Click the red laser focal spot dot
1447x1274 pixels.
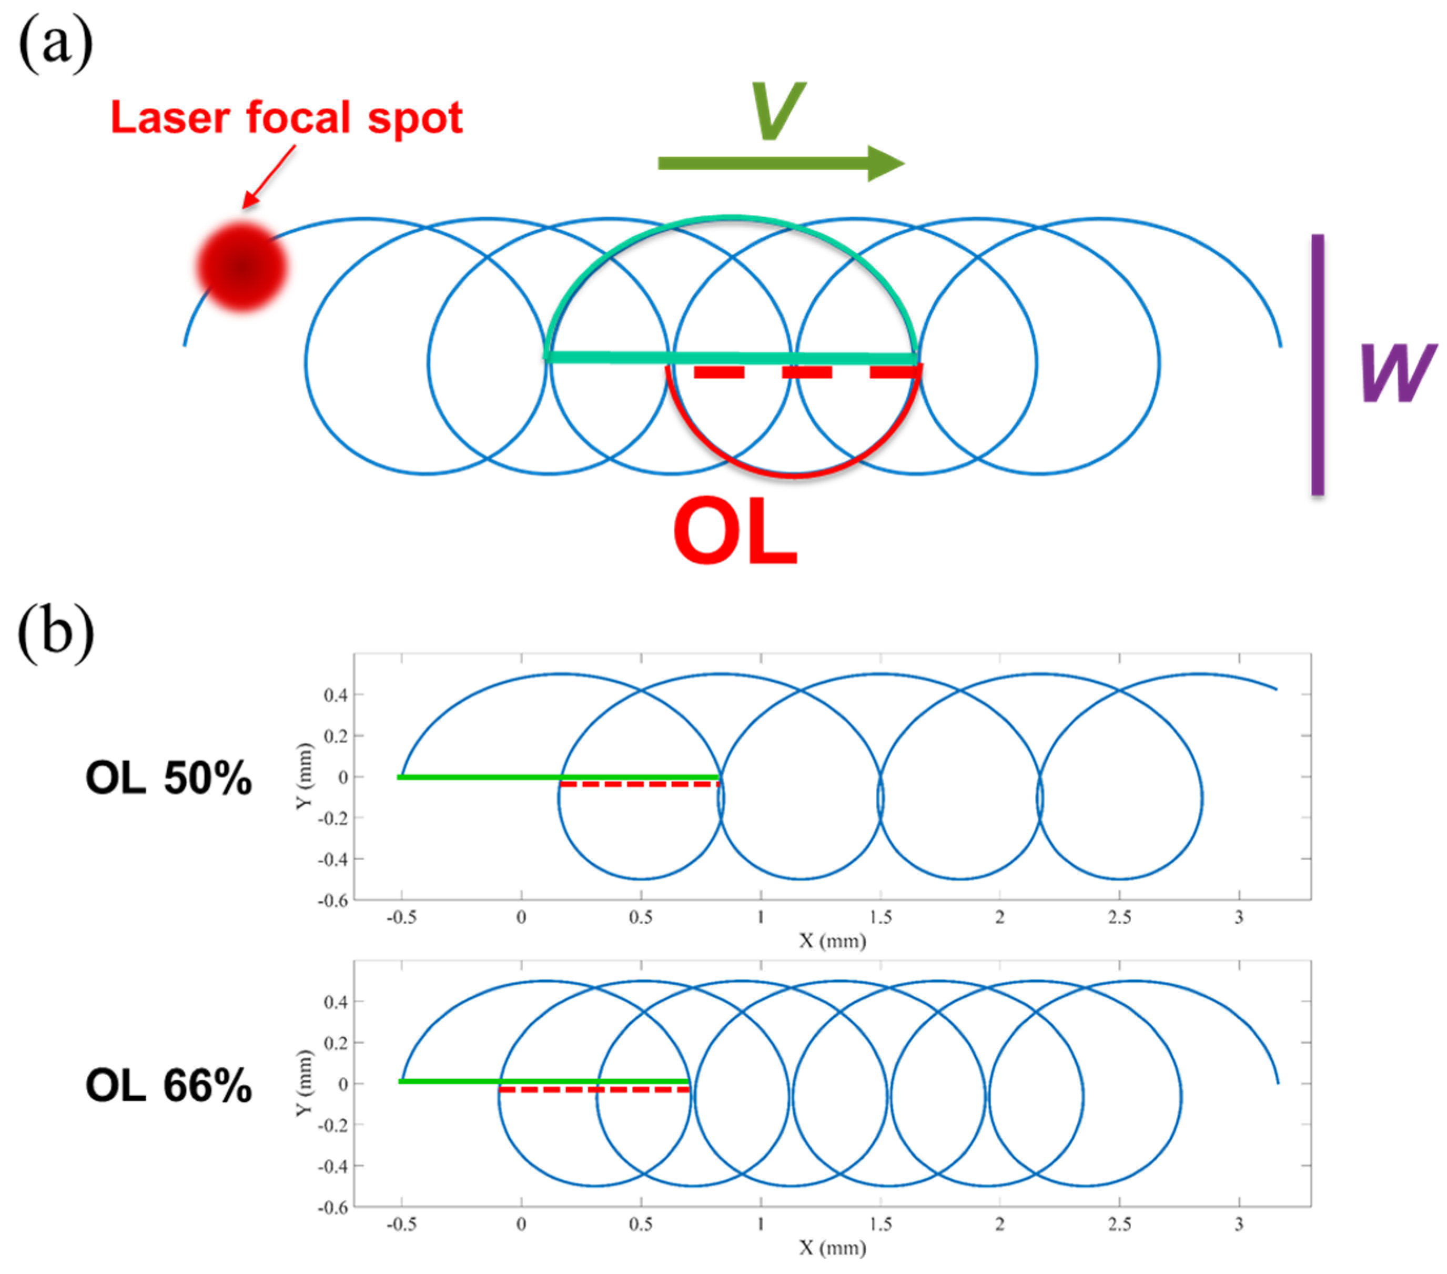coord(242,268)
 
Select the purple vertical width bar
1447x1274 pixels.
coord(1318,364)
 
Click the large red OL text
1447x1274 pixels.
coord(735,531)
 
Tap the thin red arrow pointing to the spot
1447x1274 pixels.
coord(269,176)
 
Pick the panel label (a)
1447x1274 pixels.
coord(55,44)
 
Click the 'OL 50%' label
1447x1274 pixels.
coord(168,778)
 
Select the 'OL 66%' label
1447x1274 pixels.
coord(168,1085)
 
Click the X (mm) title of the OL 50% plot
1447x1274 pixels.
coord(833,941)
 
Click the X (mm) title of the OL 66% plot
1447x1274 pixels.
coord(833,1247)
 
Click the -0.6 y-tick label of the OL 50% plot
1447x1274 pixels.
coord(333,901)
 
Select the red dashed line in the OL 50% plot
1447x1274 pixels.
coord(639,784)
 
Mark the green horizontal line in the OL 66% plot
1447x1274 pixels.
coord(543,1081)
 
